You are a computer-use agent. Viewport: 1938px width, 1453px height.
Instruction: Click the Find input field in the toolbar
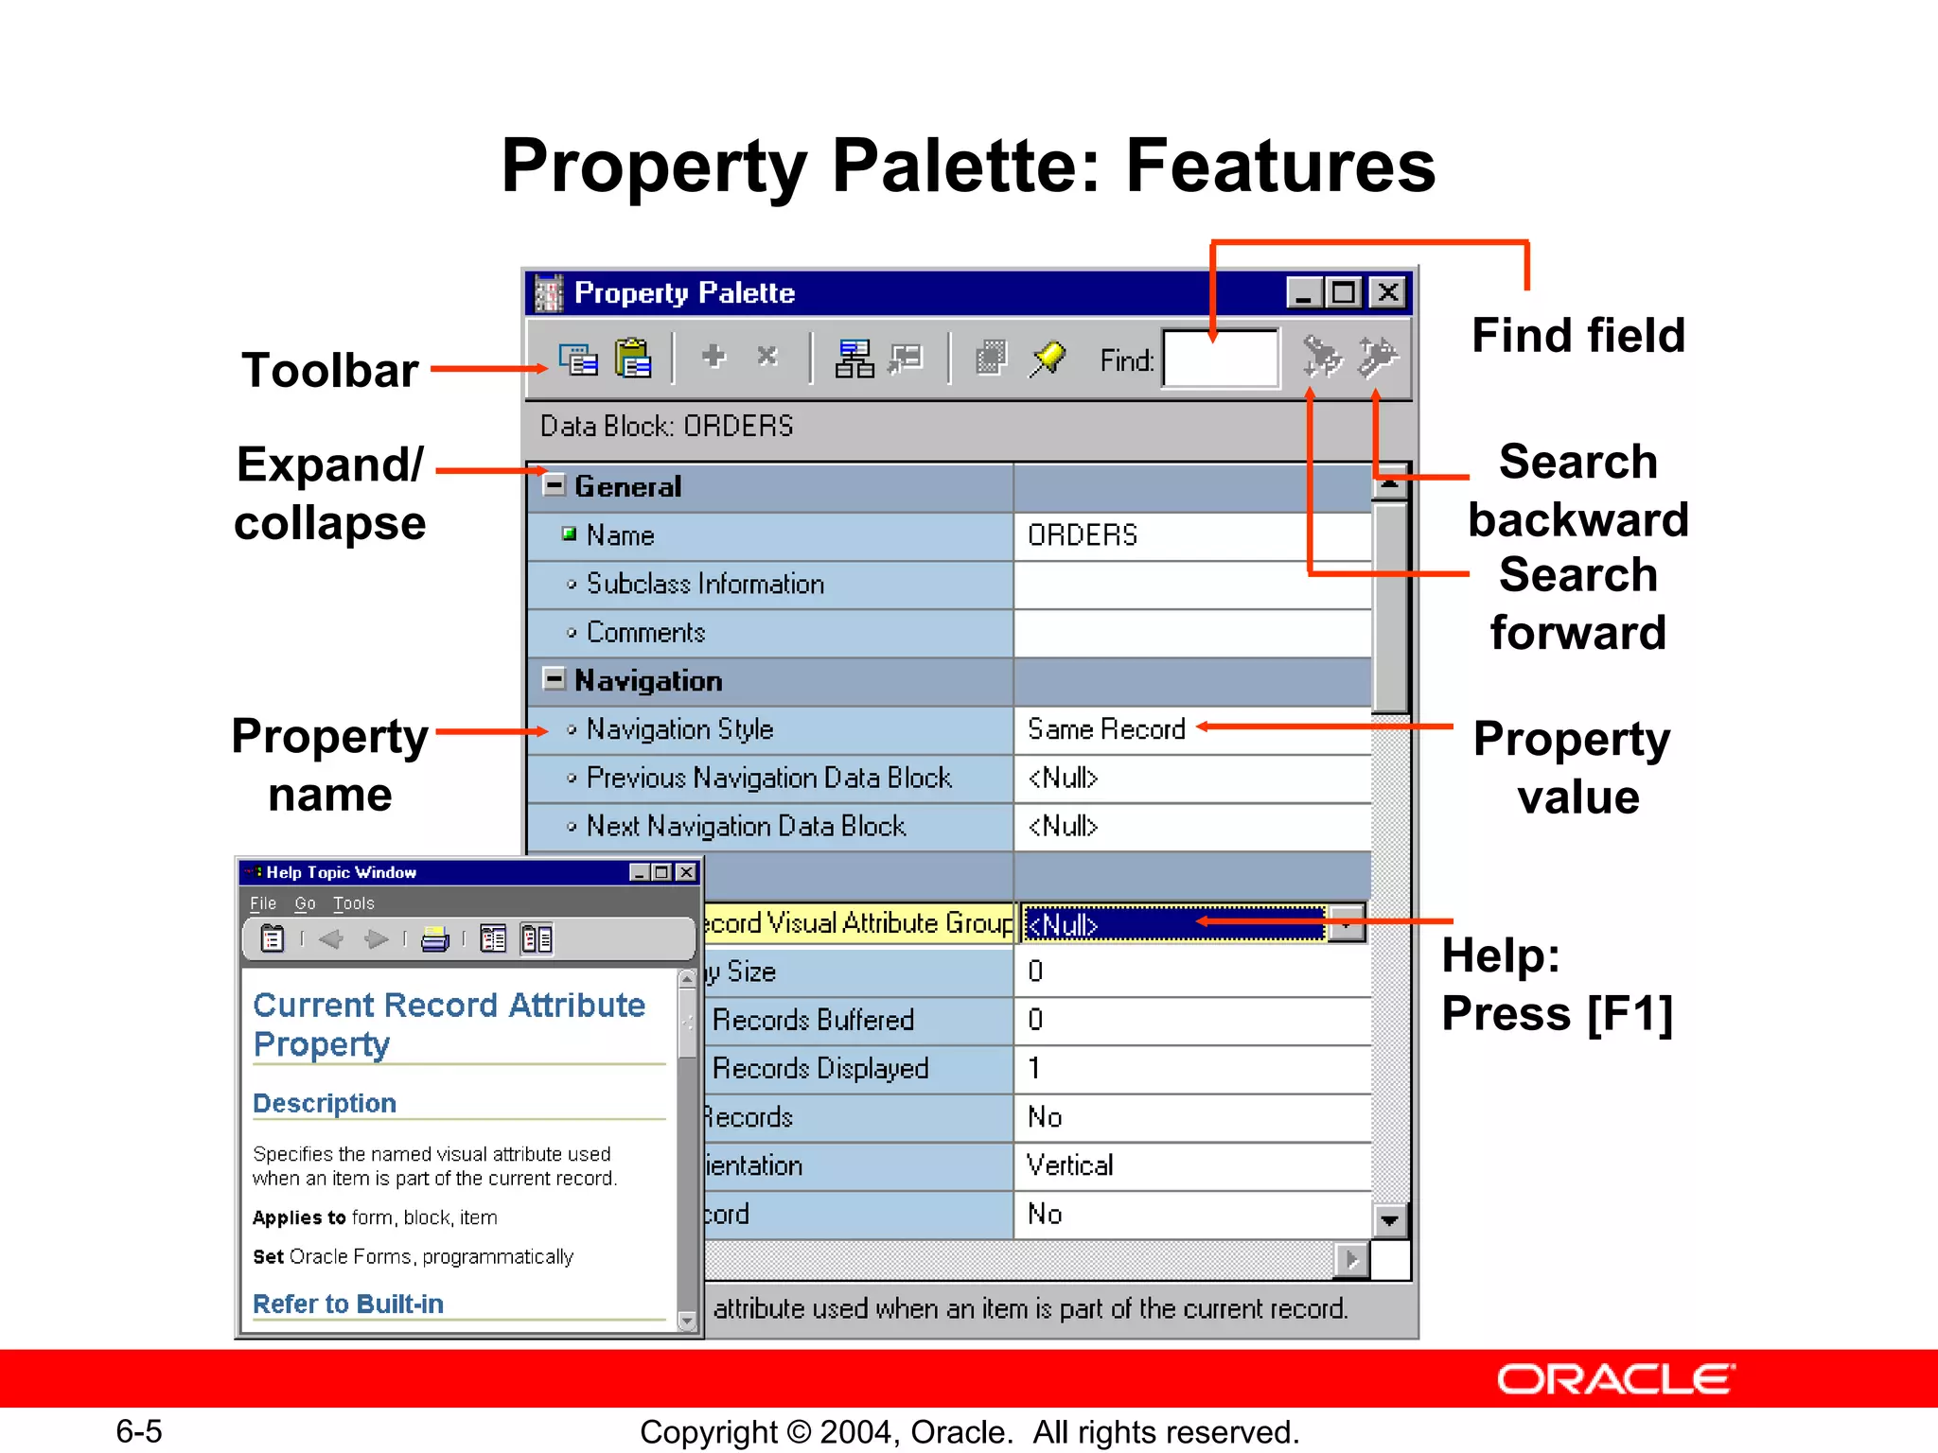click(x=1221, y=359)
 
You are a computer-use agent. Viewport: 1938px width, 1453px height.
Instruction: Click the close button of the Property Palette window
click(x=1388, y=292)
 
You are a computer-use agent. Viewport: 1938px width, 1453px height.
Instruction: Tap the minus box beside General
click(x=555, y=485)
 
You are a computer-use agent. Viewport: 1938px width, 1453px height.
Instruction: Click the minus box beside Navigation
click(x=555, y=679)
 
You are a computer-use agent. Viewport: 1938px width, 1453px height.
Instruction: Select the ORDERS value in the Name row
click(x=1083, y=535)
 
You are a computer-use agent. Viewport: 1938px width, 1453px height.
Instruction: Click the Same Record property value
click(x=1106, y=729)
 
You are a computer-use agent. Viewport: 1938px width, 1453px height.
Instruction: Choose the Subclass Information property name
click(x=705, y=584)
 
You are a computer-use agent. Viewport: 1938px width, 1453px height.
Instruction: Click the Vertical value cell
click(x=1070, y=1165)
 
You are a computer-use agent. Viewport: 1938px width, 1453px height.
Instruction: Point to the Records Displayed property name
click(x=820, y=1068)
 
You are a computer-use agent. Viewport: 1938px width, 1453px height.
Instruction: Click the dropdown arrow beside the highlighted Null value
click(x=1346, y=923)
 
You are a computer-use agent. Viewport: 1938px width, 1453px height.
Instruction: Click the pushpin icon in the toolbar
click(x=1048, y=359)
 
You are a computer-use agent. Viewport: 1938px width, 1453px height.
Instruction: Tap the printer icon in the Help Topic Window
click(x=434, y=939)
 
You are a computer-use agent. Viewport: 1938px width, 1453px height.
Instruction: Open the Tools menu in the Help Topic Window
click(x=353, y=903)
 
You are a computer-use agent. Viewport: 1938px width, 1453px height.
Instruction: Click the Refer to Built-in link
click(x=348, y=1304)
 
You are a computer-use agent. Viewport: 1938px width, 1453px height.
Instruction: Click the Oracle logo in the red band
click(x=1615, y=1379)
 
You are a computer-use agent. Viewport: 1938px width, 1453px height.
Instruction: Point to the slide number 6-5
click(x=139, y=1431)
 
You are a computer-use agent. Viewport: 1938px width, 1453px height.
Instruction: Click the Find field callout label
click(x=1577, y=335)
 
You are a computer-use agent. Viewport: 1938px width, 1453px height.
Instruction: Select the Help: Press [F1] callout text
click(x=1557, y=984)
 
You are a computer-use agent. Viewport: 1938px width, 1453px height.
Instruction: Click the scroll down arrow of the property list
click(x=1389, y=1220)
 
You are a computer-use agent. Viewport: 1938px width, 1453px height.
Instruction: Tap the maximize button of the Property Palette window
click(x=1344, y=292)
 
